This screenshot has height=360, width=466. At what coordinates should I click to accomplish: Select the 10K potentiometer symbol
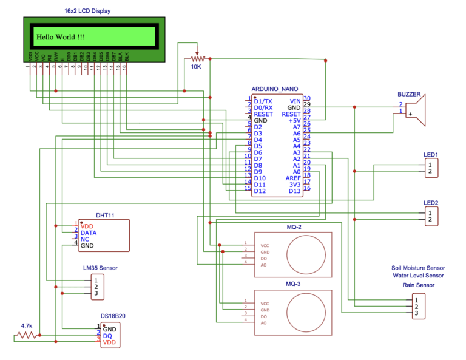click(196, 59)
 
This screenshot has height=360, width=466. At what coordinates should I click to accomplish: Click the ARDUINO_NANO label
click(275, 89)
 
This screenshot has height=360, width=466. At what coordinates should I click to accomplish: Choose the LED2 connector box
click(430, 216)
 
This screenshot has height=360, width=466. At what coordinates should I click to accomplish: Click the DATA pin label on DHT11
click(89, 233)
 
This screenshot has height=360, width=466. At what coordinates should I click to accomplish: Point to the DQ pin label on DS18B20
click(107, 336)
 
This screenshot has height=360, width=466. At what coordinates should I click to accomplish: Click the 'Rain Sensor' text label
click(418, 284)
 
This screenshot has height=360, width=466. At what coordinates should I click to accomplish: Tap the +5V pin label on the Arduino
click(294, 121)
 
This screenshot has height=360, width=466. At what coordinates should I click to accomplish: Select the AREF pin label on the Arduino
click(293, 178)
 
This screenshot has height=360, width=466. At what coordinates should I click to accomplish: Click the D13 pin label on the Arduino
click(294, 191)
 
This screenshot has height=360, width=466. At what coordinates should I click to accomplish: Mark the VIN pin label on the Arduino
click(295, 101)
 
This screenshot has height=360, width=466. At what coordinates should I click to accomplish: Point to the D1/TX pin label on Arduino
click(263, 101)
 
